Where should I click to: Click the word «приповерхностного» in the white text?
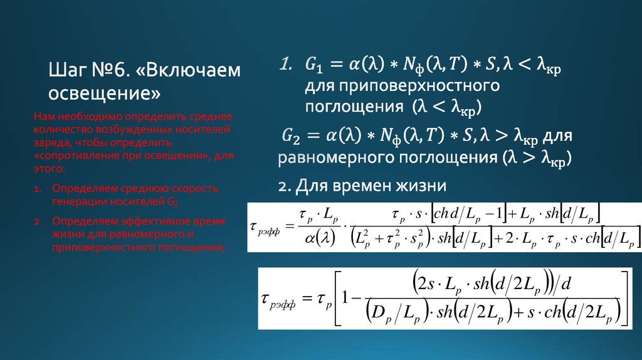click(x=401, y=85)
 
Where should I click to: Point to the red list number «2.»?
click(x=38, y=222)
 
